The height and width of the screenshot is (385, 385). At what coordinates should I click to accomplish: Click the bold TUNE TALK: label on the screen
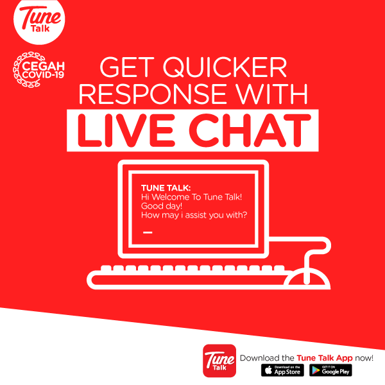click(x=162, y=187)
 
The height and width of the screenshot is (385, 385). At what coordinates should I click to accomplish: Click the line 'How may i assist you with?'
click(x=194, y=216)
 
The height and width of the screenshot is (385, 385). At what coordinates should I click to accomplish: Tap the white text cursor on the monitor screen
click(x=148, y=232)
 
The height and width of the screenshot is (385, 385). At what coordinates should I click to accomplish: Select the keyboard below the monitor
click(x=186, y=275)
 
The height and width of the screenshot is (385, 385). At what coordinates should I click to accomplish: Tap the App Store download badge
click(x=282, y=371)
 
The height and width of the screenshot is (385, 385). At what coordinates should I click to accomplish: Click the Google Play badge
click(x=330, y=371)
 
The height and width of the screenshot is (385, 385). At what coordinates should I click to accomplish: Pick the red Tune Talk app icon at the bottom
click(x=218, y=361)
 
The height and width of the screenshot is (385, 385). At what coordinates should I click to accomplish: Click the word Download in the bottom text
click(x=258, y=357)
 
